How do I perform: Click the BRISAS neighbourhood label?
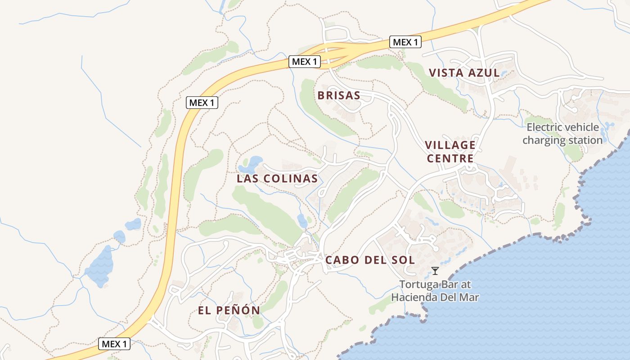click(x=339, y=95)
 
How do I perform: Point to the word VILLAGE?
click(x=450, y=145)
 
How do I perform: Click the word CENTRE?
click(x=450, y=158)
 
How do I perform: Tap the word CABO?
click(x=342, y=260)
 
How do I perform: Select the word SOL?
click(x=404, y=260)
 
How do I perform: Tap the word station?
click(x=585, y=140)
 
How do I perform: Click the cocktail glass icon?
click(x=435, y=271)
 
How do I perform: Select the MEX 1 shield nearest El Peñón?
click(x=114, y=344)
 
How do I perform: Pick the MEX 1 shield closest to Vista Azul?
click(x=405, y=42)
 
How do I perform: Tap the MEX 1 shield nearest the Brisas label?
click(x=305, y=62)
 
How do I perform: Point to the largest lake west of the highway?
click(x=99, y=266)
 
